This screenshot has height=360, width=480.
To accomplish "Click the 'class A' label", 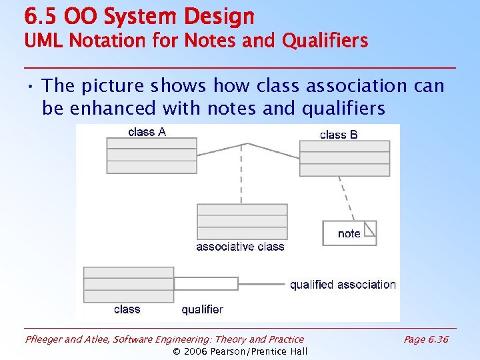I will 147,132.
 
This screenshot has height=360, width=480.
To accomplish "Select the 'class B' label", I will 339,135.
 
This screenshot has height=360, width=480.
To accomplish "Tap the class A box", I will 151,155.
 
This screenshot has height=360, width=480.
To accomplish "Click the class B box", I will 344,158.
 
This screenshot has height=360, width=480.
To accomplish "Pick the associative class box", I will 242,221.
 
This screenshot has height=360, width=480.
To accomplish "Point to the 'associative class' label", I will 240,247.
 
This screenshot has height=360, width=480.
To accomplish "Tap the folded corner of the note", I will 371,228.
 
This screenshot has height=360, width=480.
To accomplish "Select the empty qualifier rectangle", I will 205,283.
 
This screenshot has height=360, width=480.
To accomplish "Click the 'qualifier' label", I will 202,309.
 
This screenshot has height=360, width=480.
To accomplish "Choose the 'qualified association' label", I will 343,285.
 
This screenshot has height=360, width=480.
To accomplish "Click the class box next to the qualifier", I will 128,285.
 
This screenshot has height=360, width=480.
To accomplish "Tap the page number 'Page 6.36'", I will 426,339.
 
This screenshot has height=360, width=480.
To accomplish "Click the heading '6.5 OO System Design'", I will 139,16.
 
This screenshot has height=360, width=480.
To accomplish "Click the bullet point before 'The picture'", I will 31,86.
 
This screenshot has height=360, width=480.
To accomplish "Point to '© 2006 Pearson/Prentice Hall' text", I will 240,351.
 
